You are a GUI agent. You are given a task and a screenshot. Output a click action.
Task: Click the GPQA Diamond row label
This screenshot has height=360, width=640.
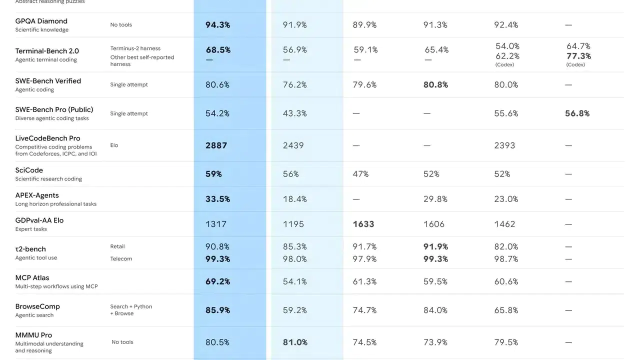pos(41,21)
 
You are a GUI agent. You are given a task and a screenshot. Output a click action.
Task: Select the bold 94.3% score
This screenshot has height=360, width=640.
pos(217,24)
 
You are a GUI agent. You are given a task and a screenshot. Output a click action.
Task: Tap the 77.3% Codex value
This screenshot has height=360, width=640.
pos(578,56)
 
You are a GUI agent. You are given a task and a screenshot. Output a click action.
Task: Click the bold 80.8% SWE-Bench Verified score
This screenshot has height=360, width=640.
pos(435,85)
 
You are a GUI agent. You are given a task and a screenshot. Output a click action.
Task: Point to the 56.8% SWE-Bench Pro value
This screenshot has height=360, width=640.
pos(577,113)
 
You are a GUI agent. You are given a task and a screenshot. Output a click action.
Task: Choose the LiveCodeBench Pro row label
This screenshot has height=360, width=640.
pos(47,138)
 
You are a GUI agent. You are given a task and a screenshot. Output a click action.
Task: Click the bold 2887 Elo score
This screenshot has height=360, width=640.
pos(216,145)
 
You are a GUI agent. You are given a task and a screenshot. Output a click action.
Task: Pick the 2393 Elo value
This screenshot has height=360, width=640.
pos(504,145)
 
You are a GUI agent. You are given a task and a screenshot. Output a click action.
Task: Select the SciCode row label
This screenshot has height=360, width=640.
pos(29,170)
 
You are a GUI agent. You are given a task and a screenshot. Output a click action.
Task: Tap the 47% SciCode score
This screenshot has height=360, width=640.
pos(360,174)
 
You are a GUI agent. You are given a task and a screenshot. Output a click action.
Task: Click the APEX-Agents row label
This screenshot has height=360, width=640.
pos(36,195)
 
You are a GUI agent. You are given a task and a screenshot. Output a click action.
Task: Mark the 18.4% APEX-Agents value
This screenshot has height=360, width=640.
pos(295,199)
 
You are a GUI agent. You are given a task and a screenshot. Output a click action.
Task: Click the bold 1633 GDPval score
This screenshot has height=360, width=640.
pos(363,224)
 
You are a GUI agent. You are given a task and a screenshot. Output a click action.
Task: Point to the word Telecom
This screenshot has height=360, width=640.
pos(121,259)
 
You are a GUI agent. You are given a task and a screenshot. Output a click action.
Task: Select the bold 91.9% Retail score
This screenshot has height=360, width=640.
pos(435,246)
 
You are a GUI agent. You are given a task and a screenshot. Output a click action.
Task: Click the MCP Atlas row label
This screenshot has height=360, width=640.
pos(32,278)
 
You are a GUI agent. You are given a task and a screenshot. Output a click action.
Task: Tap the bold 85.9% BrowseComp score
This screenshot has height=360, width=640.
pos(217,310)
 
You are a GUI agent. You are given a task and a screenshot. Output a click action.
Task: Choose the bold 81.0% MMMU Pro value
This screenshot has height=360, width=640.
pos(295,342)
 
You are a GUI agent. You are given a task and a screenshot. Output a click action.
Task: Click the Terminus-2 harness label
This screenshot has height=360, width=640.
pos(135,48)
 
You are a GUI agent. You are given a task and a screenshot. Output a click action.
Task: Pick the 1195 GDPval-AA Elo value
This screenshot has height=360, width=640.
pos(293,224)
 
